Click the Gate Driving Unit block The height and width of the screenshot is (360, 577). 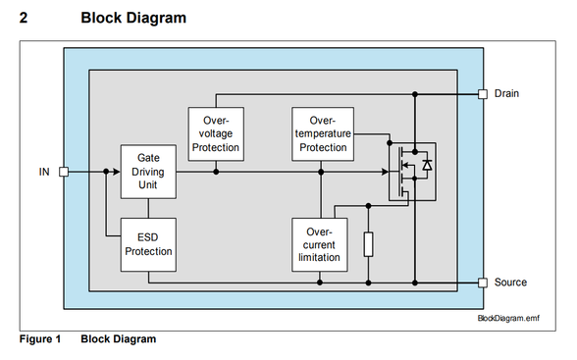pos(148,171)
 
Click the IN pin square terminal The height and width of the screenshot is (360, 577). pos(64,172)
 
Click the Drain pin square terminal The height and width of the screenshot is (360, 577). pos(482,94)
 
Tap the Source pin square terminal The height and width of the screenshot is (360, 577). pos(482,283)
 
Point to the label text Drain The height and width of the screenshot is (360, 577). pos(506,94)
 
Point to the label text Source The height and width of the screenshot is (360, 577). pos(510,283)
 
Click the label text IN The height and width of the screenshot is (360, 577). pos(43,172)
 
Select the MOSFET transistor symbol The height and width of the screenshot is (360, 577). pos(411,172)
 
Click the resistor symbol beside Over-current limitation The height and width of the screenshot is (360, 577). pos(368,243)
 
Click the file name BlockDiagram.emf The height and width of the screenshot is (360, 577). pos(508,319)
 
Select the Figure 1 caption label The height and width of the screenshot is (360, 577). pos(40,339)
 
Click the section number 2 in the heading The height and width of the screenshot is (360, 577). pos(24,18)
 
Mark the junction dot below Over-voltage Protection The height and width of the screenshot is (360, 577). pos(216,172)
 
